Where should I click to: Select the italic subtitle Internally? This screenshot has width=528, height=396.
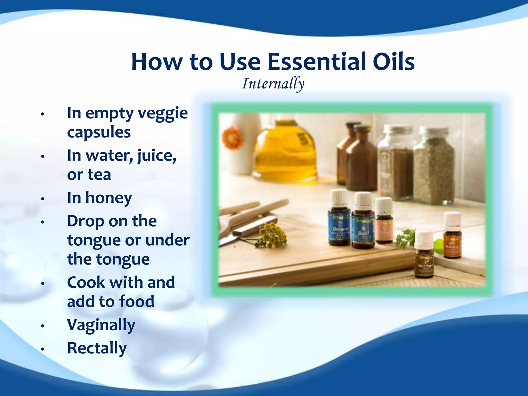(x=273, y=84)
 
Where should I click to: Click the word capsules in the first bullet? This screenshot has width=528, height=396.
(x=99, y=133)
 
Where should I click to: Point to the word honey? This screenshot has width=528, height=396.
(x=109, y=198)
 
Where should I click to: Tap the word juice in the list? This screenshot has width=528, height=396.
(x=157, y=156)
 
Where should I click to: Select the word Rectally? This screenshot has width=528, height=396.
(x=97, y=348)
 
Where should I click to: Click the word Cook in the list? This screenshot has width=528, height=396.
(x=86, y=282)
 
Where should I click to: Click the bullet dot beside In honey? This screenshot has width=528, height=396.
(x=43, y=199)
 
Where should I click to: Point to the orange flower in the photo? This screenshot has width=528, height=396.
(x=233, y=137)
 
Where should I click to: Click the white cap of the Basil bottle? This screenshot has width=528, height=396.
(x=363, y=201)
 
